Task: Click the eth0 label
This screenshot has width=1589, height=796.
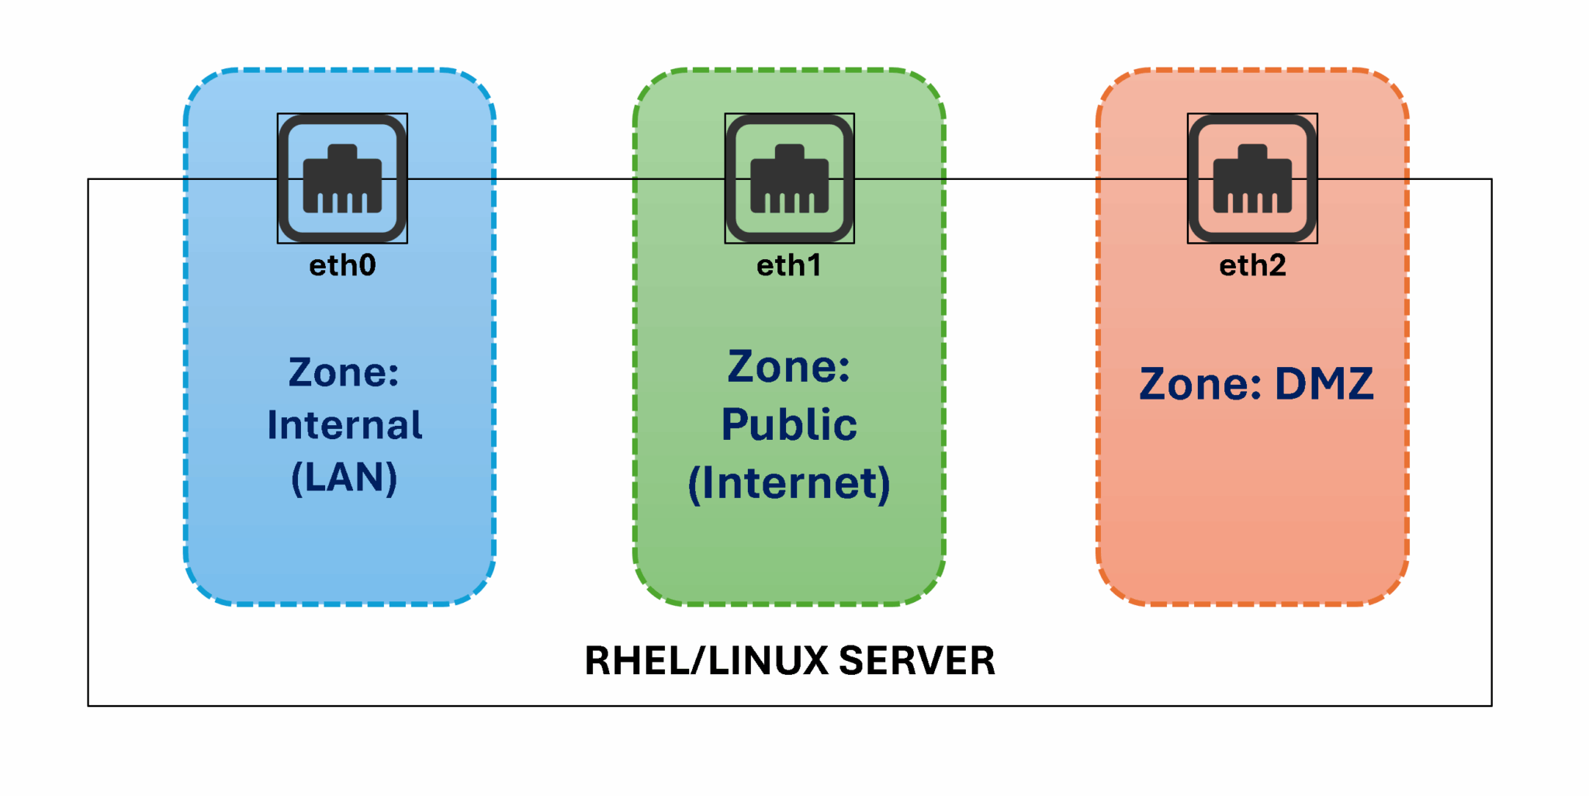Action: tap(342, 266)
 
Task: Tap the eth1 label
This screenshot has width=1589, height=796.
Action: tap(788, 266)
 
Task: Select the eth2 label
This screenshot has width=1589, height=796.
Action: tap(1252, 266)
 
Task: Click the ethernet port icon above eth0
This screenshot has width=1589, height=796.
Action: tap(342, 178)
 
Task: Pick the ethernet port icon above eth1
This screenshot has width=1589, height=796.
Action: tap(789, 178)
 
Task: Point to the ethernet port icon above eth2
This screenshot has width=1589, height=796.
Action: tap(1252, 178)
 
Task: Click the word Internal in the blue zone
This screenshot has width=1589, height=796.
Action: tap(344, 425)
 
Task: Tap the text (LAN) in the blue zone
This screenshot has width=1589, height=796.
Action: tap(344, 477)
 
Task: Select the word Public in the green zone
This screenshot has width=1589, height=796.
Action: tap(789, 424)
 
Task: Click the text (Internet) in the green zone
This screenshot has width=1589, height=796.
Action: tap(789, 483)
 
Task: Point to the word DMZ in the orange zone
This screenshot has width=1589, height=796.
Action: tap(1324, 384)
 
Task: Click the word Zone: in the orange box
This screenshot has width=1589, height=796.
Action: tap(1200, 384)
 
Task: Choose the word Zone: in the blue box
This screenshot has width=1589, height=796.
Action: tap(344, 372)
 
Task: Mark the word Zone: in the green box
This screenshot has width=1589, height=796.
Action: tap(788, 366)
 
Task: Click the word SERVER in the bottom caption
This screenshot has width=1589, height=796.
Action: tap(917, 661)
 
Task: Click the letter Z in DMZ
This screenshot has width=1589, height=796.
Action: tap(1355, 384)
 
